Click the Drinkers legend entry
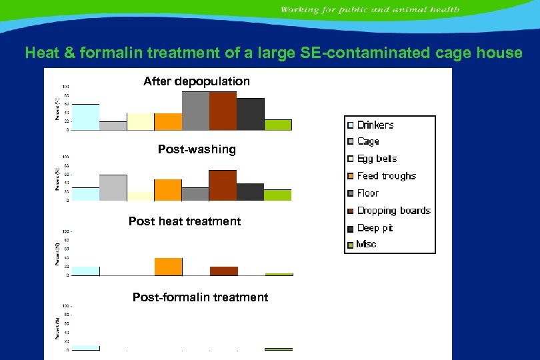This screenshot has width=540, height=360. pyautogui.click(x=375, y=125)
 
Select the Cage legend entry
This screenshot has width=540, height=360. pyautogui.click(x=367, y=141)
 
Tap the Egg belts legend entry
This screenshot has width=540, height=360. pyautogui.click(x=376, y=159)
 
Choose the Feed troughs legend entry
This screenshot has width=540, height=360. pyautogui.click(x=385, y=176)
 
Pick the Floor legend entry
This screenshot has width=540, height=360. pyautogui.click(x=367, y=193)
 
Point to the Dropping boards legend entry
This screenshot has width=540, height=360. pyautogui.click(x=393, y=211)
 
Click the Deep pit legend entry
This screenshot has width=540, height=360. pyautogui.click(x=375, y=228)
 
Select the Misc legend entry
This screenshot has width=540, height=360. pyautogui.click(x=367, y=245)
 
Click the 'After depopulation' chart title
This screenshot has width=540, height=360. pyautogui.click(x=197, y=81)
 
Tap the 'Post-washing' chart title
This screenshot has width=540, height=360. pyautogui.click(x=197, y=149)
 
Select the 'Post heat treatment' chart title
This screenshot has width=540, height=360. pyautogui.click(x=185, y=221)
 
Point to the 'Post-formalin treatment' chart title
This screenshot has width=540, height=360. pyautogui.click(x=200, y=297)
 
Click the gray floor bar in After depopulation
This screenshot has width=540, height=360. pyautogui.click(x=195, y=111)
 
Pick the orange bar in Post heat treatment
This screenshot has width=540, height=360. pyautogui.click(x=168, y=267)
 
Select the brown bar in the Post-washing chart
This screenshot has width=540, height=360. pyautogui.click(x=223, y=185)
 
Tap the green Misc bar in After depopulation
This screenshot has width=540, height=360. pyautogui.click(x=278, y=125)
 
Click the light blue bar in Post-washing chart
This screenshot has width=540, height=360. pyautogui.click(x=85, y=194)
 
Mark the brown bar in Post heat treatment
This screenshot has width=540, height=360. pyautogui.click(x=223, y=271)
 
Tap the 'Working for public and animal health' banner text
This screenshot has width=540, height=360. pyautogui.click(x=369, y=10)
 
